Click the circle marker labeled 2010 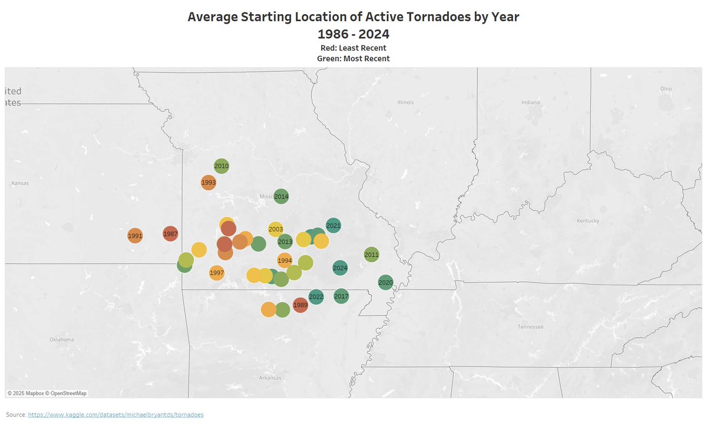[222, 166]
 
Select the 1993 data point [209, 183]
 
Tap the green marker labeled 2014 [282, 196]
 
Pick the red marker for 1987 [170, 234]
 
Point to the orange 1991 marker [135, 236]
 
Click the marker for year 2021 [333, 226]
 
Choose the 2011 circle [371, 255]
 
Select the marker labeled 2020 [385, 283]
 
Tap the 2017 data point [342, 296]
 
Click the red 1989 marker [300, 305]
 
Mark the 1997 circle [217, 273]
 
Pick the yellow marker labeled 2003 [276, 229]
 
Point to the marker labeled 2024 [340, 268]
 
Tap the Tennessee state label [530, 327]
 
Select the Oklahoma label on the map [62, 339]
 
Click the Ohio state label [666, 89]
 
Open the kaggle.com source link [115, 415]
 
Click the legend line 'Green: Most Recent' [353, 58]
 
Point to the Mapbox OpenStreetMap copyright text [47, 393]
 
